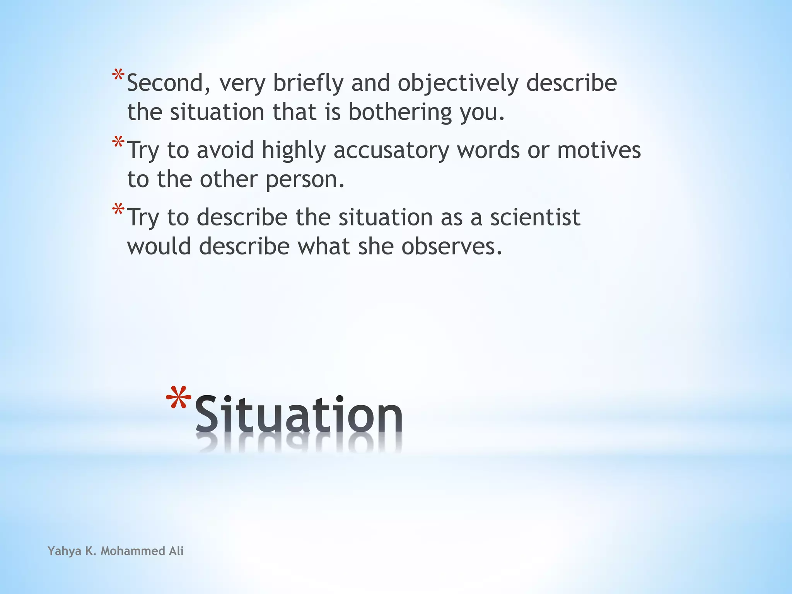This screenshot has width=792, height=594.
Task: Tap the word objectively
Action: pos(458,84)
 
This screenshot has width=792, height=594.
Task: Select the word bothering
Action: pos(400,112)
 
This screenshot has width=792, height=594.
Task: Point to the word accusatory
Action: pos(391,150)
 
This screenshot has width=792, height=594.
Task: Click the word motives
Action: pos(599,150)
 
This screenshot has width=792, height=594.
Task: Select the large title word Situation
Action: pos(299,414)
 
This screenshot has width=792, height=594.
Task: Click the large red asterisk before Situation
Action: pos(178,398)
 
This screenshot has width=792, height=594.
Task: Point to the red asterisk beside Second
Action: pos(118,75)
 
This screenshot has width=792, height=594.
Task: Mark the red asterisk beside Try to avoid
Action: pos(118,142)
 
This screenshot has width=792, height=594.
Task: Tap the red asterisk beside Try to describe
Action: pos(118,210)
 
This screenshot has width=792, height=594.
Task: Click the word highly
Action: pos(294,151)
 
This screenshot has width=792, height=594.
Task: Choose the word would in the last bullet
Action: pos(159,246)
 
